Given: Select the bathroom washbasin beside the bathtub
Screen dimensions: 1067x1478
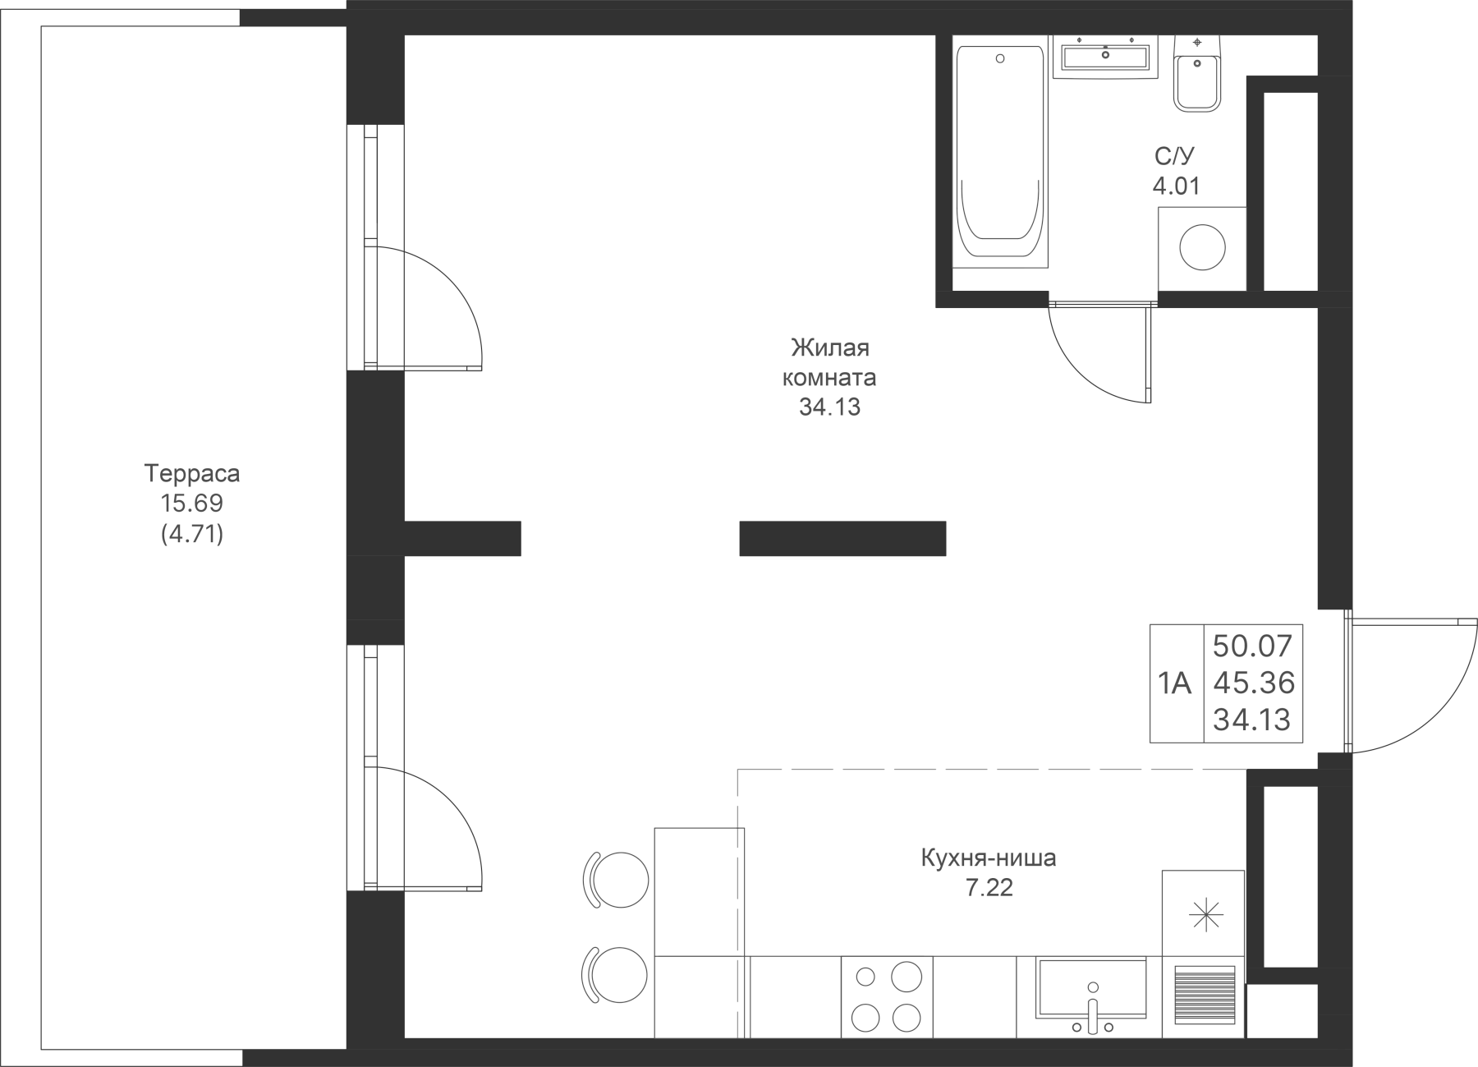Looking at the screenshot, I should (x=1105, y=57).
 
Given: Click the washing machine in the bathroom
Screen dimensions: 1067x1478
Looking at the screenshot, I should (x=1201, y=247).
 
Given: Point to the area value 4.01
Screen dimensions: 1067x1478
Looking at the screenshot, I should (x=1176, y=186).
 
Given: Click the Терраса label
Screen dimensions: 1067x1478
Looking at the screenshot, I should (x=191, y=474).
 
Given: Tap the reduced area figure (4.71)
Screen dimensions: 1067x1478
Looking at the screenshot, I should (x=191, y=535).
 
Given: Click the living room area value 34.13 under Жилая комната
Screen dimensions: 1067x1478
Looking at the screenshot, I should (x=829, y=407).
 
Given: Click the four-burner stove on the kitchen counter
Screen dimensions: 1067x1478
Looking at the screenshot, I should (x=888, y=996).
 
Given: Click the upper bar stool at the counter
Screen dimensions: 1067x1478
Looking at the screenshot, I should (x=617, y=878).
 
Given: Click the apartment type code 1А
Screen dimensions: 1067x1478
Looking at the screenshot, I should (x=1175, y=683).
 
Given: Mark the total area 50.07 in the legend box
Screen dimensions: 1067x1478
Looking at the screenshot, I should (x=1252, y=646).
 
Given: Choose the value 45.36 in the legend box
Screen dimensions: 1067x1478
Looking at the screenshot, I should (x=1252, y=683).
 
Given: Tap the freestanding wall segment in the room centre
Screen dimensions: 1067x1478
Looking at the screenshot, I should (x=842, y=539).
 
